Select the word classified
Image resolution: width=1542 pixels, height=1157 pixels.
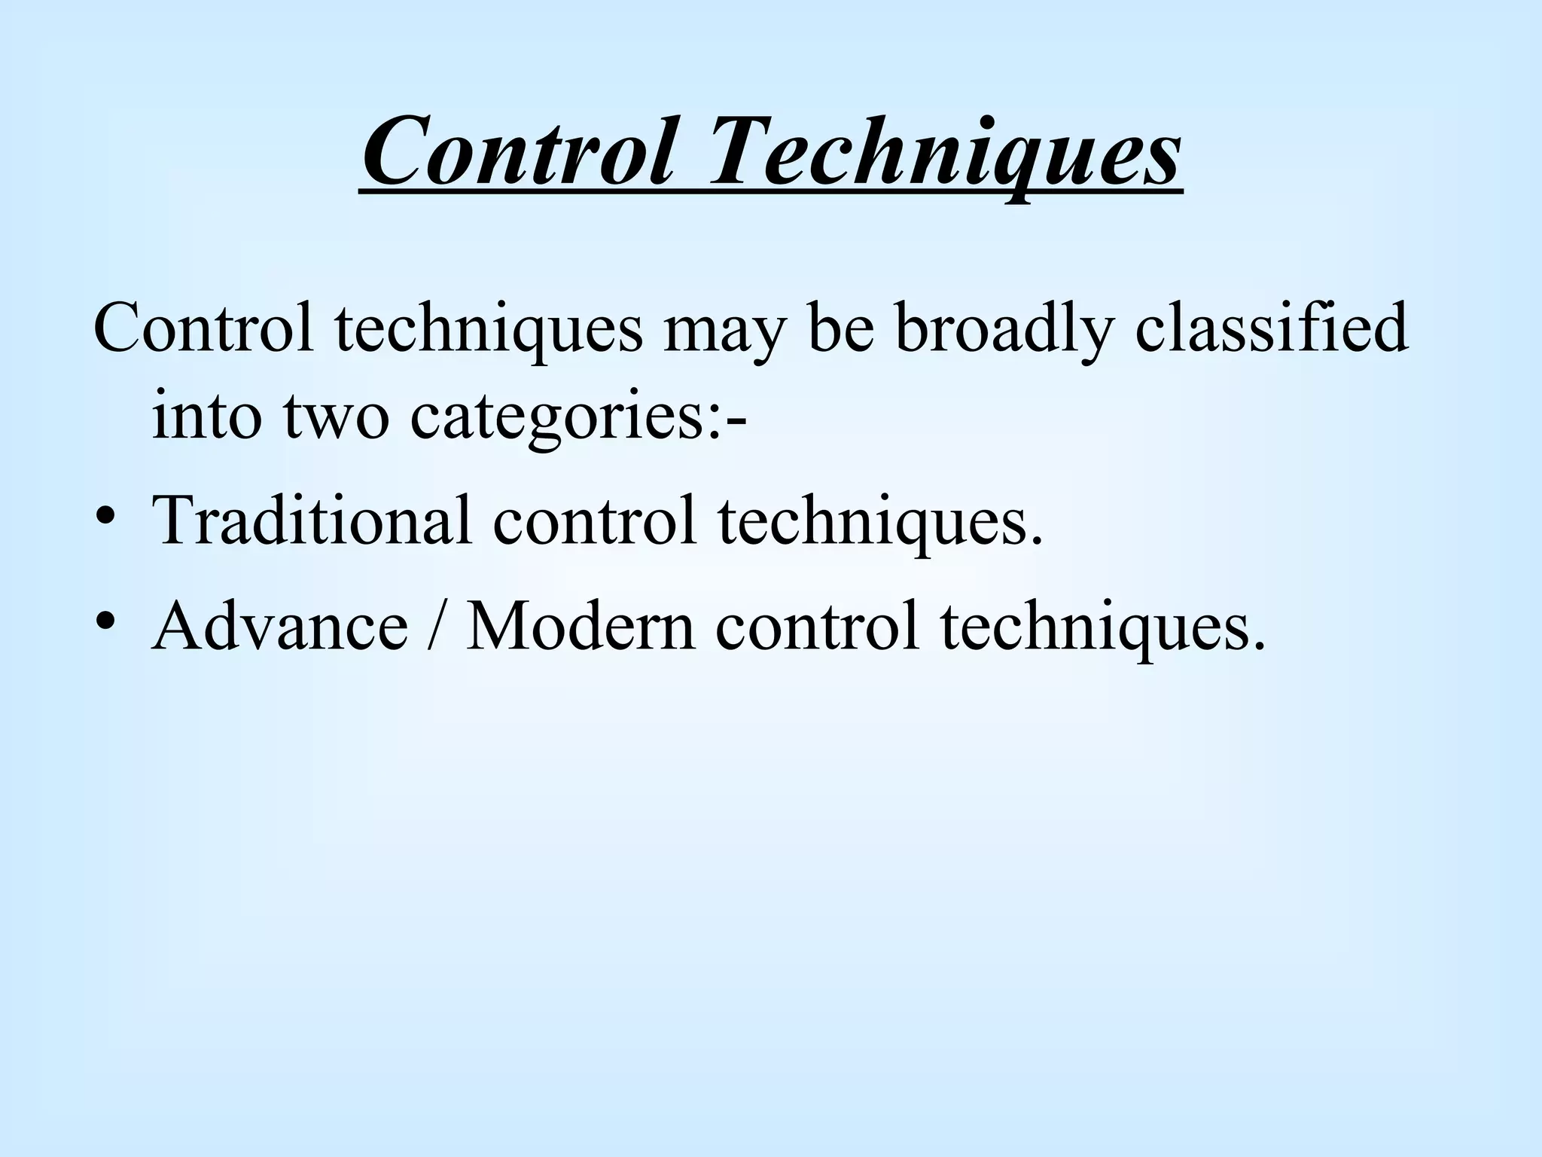pyautogui.click(x=1271, y=328)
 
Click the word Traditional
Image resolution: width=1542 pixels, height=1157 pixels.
pyautogui.click(x=312, y=520)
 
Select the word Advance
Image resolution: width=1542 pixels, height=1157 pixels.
pyautogui.click(x=279, y=626)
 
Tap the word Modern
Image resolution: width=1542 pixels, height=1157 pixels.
pyautogui.click(x=581, y=626)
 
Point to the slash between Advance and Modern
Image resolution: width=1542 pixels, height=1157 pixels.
pyautogui.click(x=436, y=626)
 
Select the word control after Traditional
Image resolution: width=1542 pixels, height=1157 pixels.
pyautogui.click(x=595, y=520)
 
